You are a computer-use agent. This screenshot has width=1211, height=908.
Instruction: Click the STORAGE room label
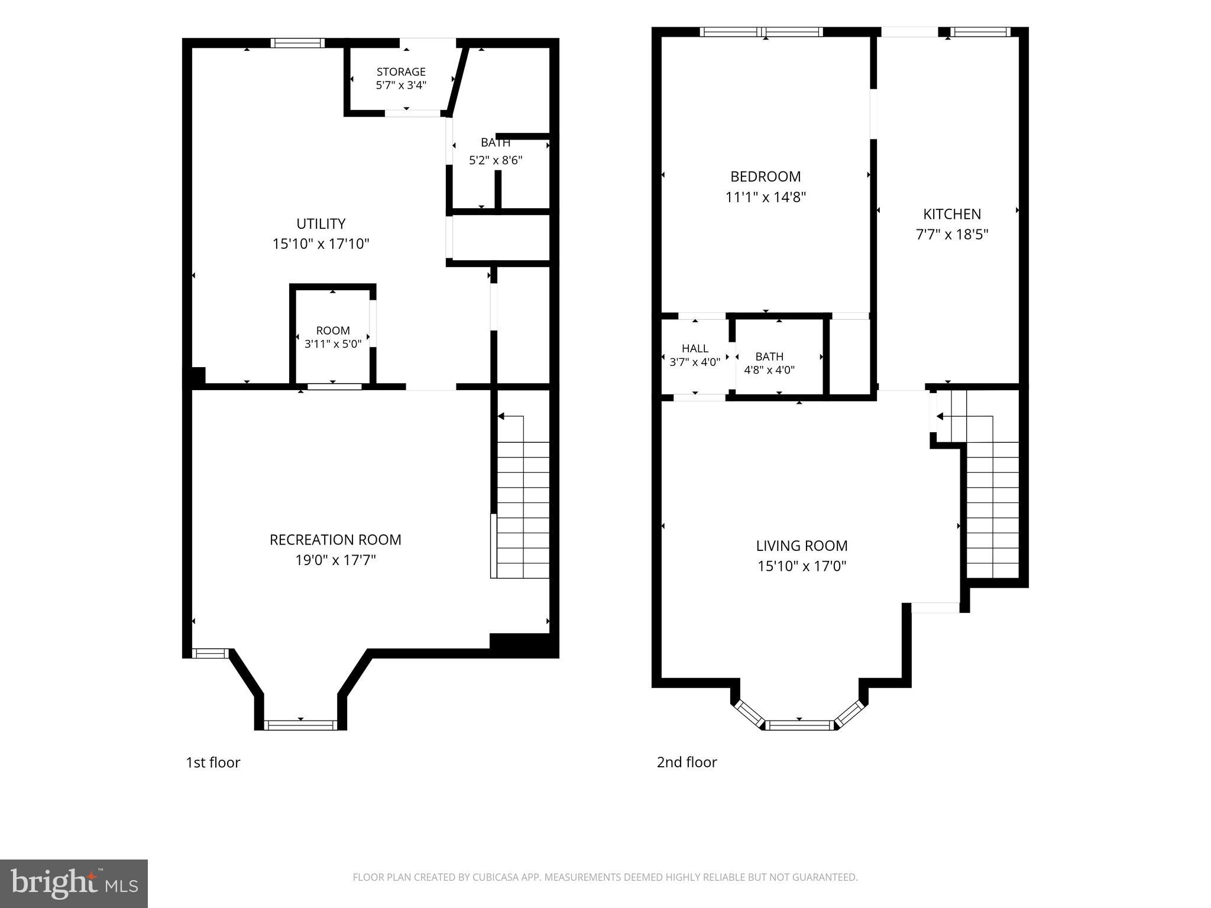tap(401, 72)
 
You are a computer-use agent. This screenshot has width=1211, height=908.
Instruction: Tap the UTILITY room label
tap(321, 223)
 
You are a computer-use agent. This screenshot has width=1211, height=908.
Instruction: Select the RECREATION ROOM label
tap(335, 540)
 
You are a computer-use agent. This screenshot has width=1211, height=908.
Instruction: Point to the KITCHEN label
tap(952, 214)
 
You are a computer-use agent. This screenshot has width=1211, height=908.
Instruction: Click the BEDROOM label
tap(766, 176)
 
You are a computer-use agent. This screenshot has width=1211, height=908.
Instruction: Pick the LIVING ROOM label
tap(802, 546)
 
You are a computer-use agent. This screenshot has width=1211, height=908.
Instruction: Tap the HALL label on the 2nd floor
tap(695, 349)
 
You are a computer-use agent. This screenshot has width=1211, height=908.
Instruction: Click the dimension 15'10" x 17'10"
tap(321, 244)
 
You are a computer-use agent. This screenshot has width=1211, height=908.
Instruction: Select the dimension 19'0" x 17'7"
tap(335, 560)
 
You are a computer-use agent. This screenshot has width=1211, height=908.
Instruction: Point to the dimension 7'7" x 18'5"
tap(952, 234)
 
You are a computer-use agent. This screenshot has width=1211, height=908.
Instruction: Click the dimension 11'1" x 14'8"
tap(766, 196)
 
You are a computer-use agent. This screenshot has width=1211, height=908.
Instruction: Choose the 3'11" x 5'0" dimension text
tap(333, 343)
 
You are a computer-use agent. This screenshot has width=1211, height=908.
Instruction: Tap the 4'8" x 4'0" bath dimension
tap(769, 370)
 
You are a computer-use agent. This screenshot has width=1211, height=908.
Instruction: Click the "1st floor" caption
tap(213, 763)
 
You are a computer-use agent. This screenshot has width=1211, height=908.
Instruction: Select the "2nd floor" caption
tap(687, 763)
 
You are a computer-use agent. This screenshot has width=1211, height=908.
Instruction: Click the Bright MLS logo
tap(74, 883)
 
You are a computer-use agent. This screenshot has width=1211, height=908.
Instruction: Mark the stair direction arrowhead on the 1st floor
tap(501, 417)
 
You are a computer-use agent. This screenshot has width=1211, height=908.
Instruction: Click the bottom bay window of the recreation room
tap(300, 725)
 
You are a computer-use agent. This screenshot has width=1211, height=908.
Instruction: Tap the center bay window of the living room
tap(799, 725)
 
